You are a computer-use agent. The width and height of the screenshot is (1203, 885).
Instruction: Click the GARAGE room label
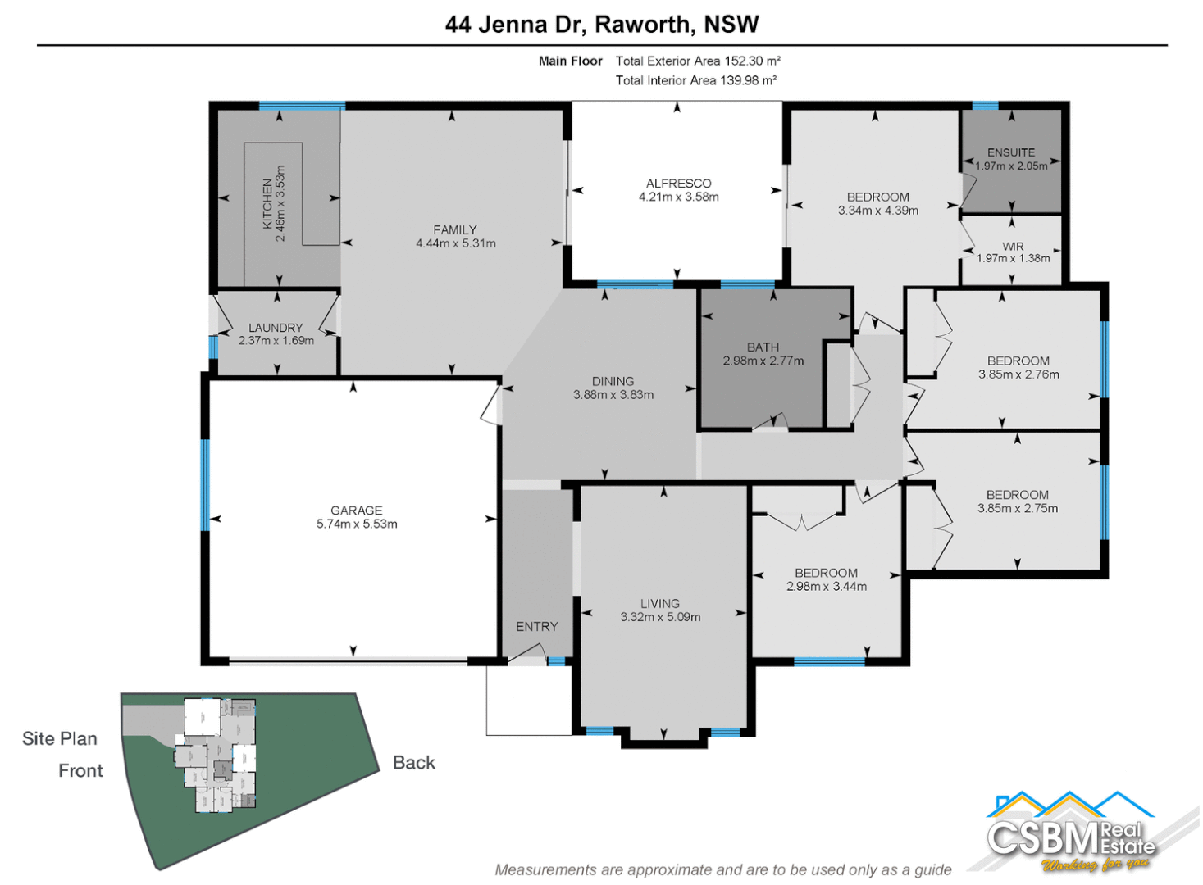point(356,511)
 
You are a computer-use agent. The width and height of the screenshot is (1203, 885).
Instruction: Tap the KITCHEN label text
point(267,203)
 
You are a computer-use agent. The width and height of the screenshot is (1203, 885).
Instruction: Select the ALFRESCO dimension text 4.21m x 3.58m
point(678,197)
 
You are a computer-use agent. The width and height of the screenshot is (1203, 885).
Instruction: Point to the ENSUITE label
point(1010,152)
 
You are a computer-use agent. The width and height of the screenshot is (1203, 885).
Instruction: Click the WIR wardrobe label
point(1013,246)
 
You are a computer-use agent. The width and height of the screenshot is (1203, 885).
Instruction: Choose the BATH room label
point(763,347)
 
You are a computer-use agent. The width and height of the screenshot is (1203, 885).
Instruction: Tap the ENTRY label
point(537,627)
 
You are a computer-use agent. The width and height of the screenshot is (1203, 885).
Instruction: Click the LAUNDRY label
point(276,328)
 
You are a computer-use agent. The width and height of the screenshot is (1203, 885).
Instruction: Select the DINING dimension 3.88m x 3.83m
point(613,395)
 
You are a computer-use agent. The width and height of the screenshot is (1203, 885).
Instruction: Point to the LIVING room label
point(660,603)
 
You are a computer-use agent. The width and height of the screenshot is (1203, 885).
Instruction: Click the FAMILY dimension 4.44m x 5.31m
point(455,243)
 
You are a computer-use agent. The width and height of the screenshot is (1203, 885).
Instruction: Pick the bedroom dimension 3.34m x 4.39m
point(877,211)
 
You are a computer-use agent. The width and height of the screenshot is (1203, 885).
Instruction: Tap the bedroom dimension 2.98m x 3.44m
point(826,587)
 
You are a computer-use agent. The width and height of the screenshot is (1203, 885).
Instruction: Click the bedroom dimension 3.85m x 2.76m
point(1018,374)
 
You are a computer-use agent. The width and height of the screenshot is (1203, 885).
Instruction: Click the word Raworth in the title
point(643,25)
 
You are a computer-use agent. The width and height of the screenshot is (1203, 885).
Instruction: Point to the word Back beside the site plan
point(413,763)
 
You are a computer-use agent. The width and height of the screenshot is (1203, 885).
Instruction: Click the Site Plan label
point(60,739)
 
